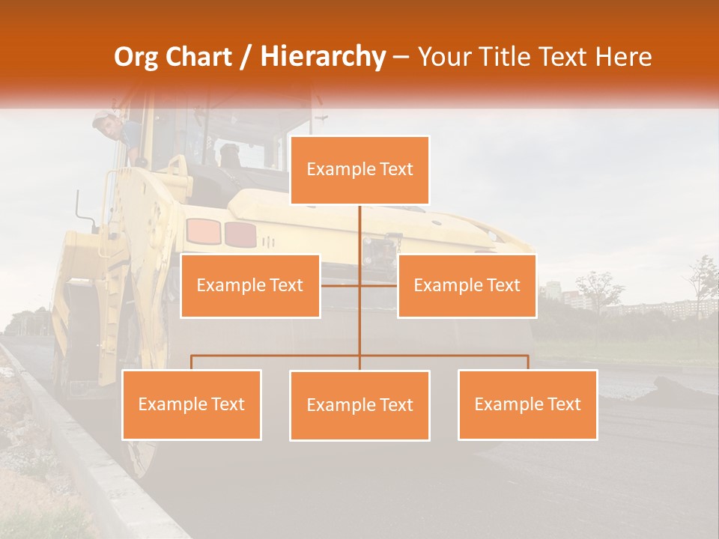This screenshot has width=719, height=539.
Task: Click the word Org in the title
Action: [x=138, y=57]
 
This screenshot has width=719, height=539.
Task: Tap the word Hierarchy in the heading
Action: [x=323, y=57]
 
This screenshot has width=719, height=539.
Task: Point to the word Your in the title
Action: [x=443, y=57]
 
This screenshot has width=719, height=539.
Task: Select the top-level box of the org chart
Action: [x=359, y=170]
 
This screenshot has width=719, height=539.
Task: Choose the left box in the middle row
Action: [x=250, y=285]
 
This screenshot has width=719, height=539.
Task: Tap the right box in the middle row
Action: [x=467, y=285]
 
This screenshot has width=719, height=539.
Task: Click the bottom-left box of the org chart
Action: [x=192, y=404]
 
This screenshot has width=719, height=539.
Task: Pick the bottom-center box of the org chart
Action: [x=359, y=405]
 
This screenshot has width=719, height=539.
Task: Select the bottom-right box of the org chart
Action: [x=527, y=404]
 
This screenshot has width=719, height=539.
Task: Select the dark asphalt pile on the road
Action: [x=678, y=387]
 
